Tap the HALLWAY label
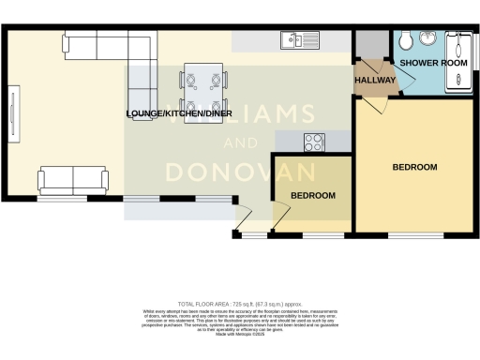click(374, 82)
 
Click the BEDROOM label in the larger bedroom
click(413, 167)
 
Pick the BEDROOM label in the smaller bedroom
click(312, 195)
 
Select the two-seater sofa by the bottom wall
click(71, 179)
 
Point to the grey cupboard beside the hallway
click(365, 45)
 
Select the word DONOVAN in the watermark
click(242, 172)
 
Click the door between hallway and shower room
click(392, 75)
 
